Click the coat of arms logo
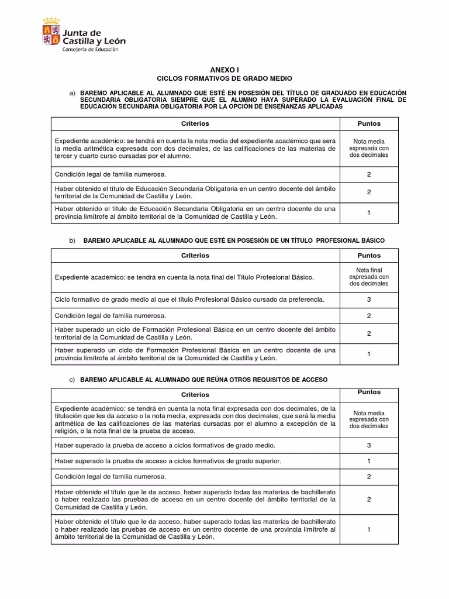(51, 32)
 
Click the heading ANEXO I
(224, 69)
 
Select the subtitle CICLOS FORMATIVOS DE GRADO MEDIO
(224, 78)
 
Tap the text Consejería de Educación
(90, 50)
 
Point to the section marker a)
(72, 93)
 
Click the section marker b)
(72, 240)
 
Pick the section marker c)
(72, 380)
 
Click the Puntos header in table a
(369, 123)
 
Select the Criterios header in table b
(196, 256)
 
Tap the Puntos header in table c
(369, 392)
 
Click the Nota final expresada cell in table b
(369, 277)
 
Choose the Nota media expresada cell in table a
(369, 149)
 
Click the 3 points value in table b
(369, 299)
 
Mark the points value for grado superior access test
(369, 461)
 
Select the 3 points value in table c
(369, 445)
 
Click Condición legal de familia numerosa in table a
(110, 174)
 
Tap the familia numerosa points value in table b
(369, 316)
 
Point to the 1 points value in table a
(369, 212)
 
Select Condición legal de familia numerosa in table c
(110, 477)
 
